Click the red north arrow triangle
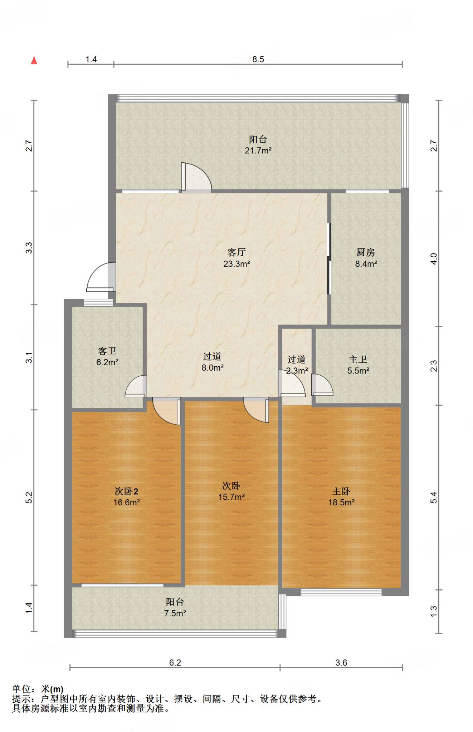(x=34, y=60)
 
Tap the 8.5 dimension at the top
(x=258, y=59)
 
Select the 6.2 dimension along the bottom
(x=175, y=663)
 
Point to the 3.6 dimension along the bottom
(x=341, y=663)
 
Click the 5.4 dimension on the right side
(x=434, y=498)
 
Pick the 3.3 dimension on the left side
(x=29, y=248)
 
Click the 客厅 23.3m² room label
(x=236, y=258)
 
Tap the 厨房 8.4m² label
(x=366, y=258)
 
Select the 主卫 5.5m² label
(x=358, y=365)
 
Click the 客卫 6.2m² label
(x=107, y=356)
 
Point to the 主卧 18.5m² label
(x=341, y=496)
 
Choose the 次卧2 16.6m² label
(x=126, y=496)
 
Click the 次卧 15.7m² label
(x=231, y=491)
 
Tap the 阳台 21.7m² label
(x=258, y=145)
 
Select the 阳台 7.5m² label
(x=175, y=608)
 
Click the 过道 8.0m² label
(x=212, y=362)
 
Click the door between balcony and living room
(x=196, y=178)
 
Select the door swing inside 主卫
(x=322, y=385)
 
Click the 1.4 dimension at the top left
(x=91, y=59)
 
